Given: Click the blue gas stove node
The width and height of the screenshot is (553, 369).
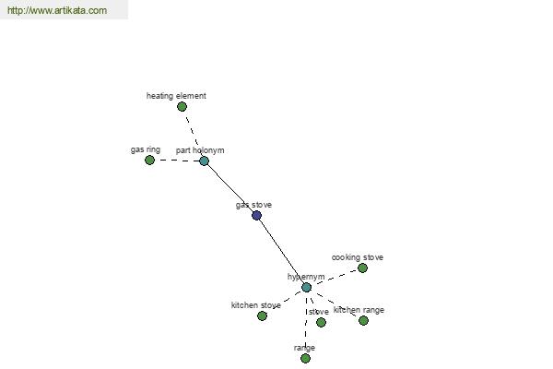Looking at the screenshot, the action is [257, 215].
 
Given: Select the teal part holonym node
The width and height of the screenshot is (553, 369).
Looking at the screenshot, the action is [205, 161].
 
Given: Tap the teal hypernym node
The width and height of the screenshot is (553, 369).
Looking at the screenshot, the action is [307, 288].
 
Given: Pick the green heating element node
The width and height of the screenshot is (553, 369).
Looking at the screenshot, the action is [182, 106].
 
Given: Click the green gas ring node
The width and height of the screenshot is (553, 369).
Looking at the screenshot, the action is [149, 160].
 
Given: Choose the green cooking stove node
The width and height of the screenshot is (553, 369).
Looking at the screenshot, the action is [362, 268].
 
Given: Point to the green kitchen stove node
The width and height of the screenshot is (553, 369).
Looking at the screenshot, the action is [262, 316].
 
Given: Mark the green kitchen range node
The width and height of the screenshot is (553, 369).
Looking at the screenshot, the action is [364, 321].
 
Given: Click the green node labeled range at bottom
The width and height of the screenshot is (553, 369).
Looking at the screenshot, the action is [305, 359].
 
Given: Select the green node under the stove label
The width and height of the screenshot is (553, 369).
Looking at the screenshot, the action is [321, 322].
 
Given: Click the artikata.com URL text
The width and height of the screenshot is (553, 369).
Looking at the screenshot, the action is [57, 10].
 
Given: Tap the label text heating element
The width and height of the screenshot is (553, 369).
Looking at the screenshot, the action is [176, 96].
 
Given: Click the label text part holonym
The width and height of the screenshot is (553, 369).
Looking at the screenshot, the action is [200, 150].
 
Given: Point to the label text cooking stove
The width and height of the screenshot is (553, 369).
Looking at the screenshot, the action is [358, 257].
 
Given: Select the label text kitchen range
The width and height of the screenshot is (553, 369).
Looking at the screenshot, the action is [359, 310].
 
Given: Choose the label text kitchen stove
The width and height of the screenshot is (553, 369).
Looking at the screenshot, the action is [256, 305].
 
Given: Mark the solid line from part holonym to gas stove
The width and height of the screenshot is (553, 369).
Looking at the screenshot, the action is [230, 188].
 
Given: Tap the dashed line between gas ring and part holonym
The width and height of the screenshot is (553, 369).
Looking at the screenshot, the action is [177, 161].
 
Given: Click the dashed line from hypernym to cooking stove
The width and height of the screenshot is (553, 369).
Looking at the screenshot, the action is [335, 278].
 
